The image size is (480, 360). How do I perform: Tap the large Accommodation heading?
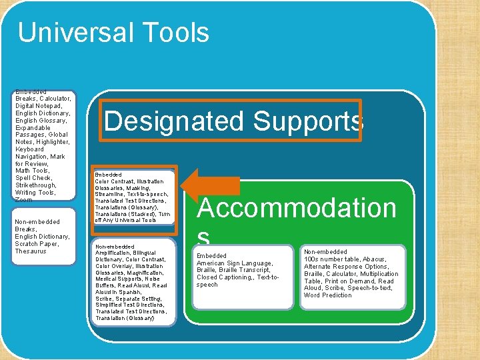tap(297, 208)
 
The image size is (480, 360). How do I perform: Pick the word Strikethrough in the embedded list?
tap(35, 185)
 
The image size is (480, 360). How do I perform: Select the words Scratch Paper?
tap(36, 244)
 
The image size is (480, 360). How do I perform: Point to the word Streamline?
tap(114, 195)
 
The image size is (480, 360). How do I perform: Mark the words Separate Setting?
tap(137, 299)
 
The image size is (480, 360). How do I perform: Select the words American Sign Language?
tap(235, 263)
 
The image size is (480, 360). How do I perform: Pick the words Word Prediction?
tap(327, 295)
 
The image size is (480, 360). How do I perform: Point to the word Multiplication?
tap(379, 274)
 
